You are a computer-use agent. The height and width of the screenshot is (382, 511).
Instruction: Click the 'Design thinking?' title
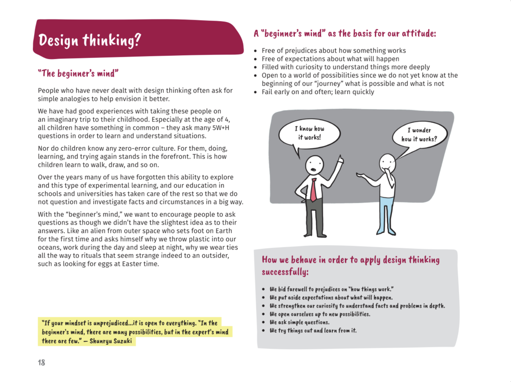tap(89, 40)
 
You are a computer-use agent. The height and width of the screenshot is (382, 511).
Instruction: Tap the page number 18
tap(41, 363)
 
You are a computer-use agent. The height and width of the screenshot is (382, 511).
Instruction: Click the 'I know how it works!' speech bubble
tap(309, 133)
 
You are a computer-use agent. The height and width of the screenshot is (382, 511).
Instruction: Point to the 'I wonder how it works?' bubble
tap(419, 135)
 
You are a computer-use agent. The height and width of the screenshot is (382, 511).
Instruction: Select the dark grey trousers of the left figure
tap(314, 217)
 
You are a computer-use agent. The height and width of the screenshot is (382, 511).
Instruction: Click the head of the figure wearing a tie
tap(314, 165)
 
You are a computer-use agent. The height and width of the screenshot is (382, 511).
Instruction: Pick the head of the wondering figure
tap(387, 163)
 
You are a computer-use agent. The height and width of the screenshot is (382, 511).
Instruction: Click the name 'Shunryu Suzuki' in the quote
tap(111, 341)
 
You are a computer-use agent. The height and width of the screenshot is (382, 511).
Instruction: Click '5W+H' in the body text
tap(221, 128)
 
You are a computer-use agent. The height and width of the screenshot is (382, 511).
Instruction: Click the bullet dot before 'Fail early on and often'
tap(255, 92)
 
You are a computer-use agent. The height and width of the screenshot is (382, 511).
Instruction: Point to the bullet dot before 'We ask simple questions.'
tap(263, 323)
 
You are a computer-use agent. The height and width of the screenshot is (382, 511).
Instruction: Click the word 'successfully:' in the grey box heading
tap(285, 272)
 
